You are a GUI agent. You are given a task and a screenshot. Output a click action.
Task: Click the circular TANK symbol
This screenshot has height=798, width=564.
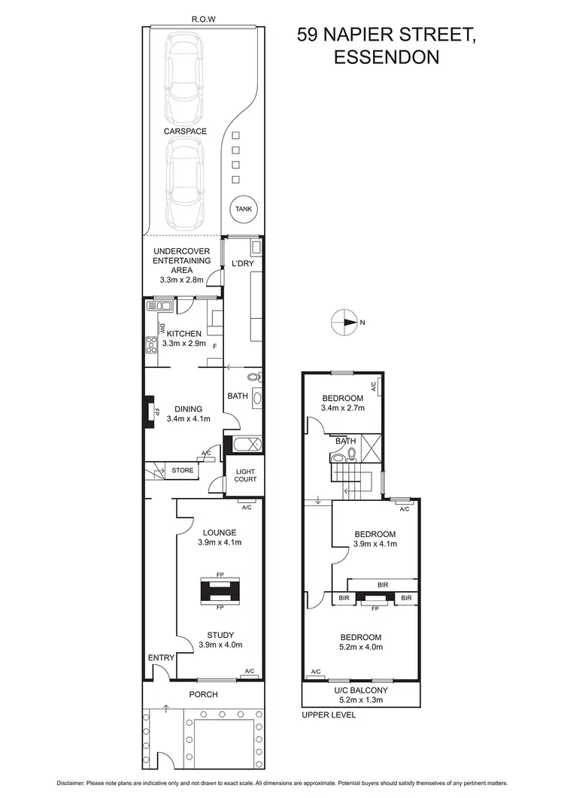[x=243, y=210]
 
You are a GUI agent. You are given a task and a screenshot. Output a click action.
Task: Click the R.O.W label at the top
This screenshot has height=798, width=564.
[x=203, y=21]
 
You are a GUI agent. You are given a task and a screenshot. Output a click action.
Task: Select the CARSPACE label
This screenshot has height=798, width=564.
[x=185, y=132]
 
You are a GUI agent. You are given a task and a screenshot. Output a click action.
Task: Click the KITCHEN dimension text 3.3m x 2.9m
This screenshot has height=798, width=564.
[x=183, y=344]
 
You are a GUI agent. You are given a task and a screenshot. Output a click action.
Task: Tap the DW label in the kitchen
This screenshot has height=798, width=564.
[x=162, y=329]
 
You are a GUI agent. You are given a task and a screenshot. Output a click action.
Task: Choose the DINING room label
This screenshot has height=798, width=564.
[x=189, y=409]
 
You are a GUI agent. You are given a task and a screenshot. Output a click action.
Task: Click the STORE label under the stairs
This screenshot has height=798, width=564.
[x=182, y=471]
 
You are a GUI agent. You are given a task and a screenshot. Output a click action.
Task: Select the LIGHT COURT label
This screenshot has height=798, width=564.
[x=245, y=475]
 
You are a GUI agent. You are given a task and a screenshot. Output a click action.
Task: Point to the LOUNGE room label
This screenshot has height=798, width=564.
[x=219, y=533]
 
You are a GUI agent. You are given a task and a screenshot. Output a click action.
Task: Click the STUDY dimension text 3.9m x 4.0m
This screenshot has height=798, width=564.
[x=220, y=645]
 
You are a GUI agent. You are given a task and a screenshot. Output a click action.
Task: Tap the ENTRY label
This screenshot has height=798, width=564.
[x=161, y=657]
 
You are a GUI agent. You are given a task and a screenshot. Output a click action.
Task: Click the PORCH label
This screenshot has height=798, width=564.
[x=202, y=694]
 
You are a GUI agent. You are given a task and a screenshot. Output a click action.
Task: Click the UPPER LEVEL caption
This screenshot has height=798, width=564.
[x=328, y=715]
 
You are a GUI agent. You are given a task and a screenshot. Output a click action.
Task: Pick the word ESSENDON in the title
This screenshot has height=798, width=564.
[x=387, y=57]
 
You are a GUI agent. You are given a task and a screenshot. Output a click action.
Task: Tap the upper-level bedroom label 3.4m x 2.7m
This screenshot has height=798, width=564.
[x=343, y=408]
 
